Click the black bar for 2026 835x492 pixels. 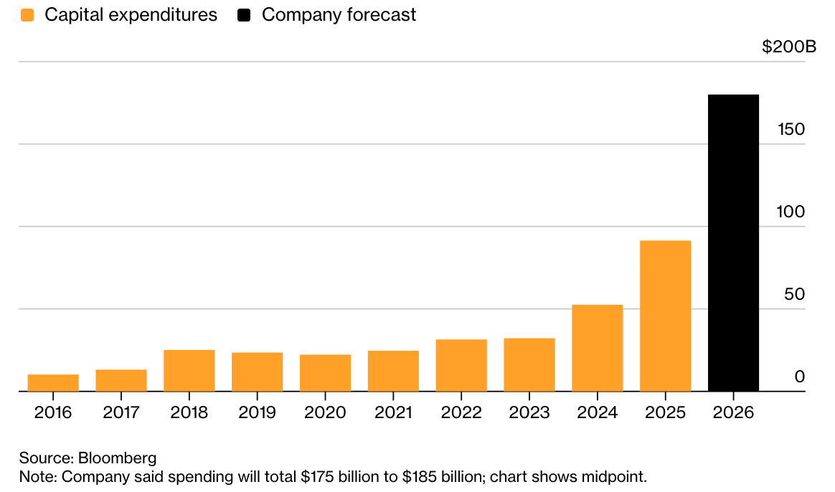733,243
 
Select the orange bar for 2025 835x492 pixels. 665,316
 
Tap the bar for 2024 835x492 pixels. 598,349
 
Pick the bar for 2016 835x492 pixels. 53,383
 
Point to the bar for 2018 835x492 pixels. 189,371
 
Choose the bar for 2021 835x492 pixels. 393,372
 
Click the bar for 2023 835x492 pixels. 529,365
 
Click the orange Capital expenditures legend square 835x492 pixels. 28,15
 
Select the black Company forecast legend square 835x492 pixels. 244,15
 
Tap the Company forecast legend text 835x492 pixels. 339,15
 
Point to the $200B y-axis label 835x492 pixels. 788,47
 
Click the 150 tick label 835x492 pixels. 791,130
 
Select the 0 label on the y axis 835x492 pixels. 800,377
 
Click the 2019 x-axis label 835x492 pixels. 257,413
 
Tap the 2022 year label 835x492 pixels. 461,413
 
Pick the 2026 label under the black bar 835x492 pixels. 733,413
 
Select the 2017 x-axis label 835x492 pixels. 121,413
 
